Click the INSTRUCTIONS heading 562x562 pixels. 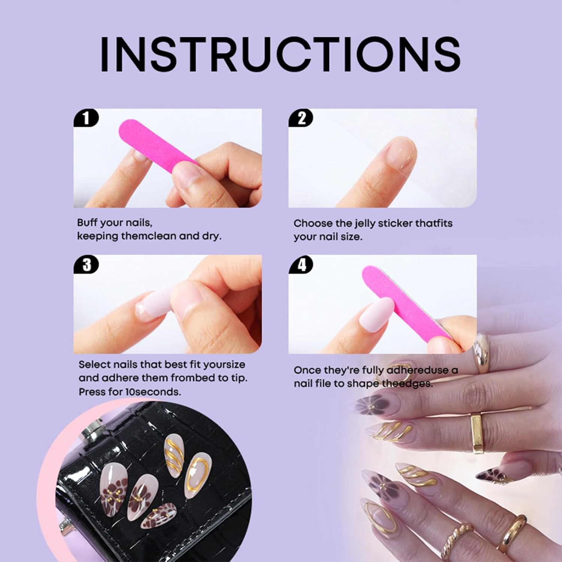[280, 54]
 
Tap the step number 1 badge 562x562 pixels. [86, 118]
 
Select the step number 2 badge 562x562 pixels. [301, 118]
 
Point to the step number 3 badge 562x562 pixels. [86, 265]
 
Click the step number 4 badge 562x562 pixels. [301, 265]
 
